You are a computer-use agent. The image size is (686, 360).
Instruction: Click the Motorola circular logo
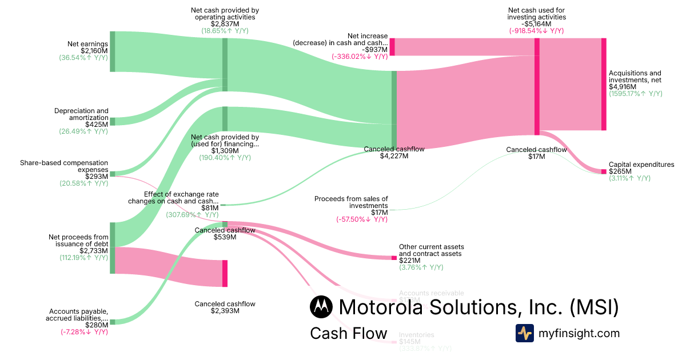pyautogui.click(x=321, y=307)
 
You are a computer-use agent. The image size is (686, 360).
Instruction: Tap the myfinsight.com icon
pyautogui.click(x=525, y=333)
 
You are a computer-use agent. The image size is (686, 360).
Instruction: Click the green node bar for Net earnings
pyautogui.click(x=113, y=51)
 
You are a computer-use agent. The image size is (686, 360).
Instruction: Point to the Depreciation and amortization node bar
pyautogui.click(x=113, y=121)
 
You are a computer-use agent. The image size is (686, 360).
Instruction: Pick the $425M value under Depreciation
pyautogui.click(x=96, y=124)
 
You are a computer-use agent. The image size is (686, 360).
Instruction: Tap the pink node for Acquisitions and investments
pyautogui.click(x=604, y=84)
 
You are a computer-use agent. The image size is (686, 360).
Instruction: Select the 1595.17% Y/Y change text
pyautogui.click(x=635, y=94)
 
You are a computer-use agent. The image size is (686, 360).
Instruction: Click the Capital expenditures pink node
pyautogui.click(x=604, y=171)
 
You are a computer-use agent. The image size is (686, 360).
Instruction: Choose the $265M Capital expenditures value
pyautogui.click(x=620, y=171)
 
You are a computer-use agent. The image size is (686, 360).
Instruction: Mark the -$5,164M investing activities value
pyautogui.click(x=536, y=24)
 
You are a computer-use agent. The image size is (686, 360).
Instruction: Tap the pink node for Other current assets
pyautogui.click(x=394, y=258)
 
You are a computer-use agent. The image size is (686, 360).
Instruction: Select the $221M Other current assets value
pyautogui.click(x=409, y=261)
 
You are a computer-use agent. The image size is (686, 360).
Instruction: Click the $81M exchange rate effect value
pyautogui.click(x=209, y=208)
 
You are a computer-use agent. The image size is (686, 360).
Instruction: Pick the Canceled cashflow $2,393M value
pyautogui.click(x=225, y=311)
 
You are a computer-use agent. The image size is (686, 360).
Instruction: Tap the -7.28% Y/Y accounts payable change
pyautogui.click(x=84, y=332)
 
